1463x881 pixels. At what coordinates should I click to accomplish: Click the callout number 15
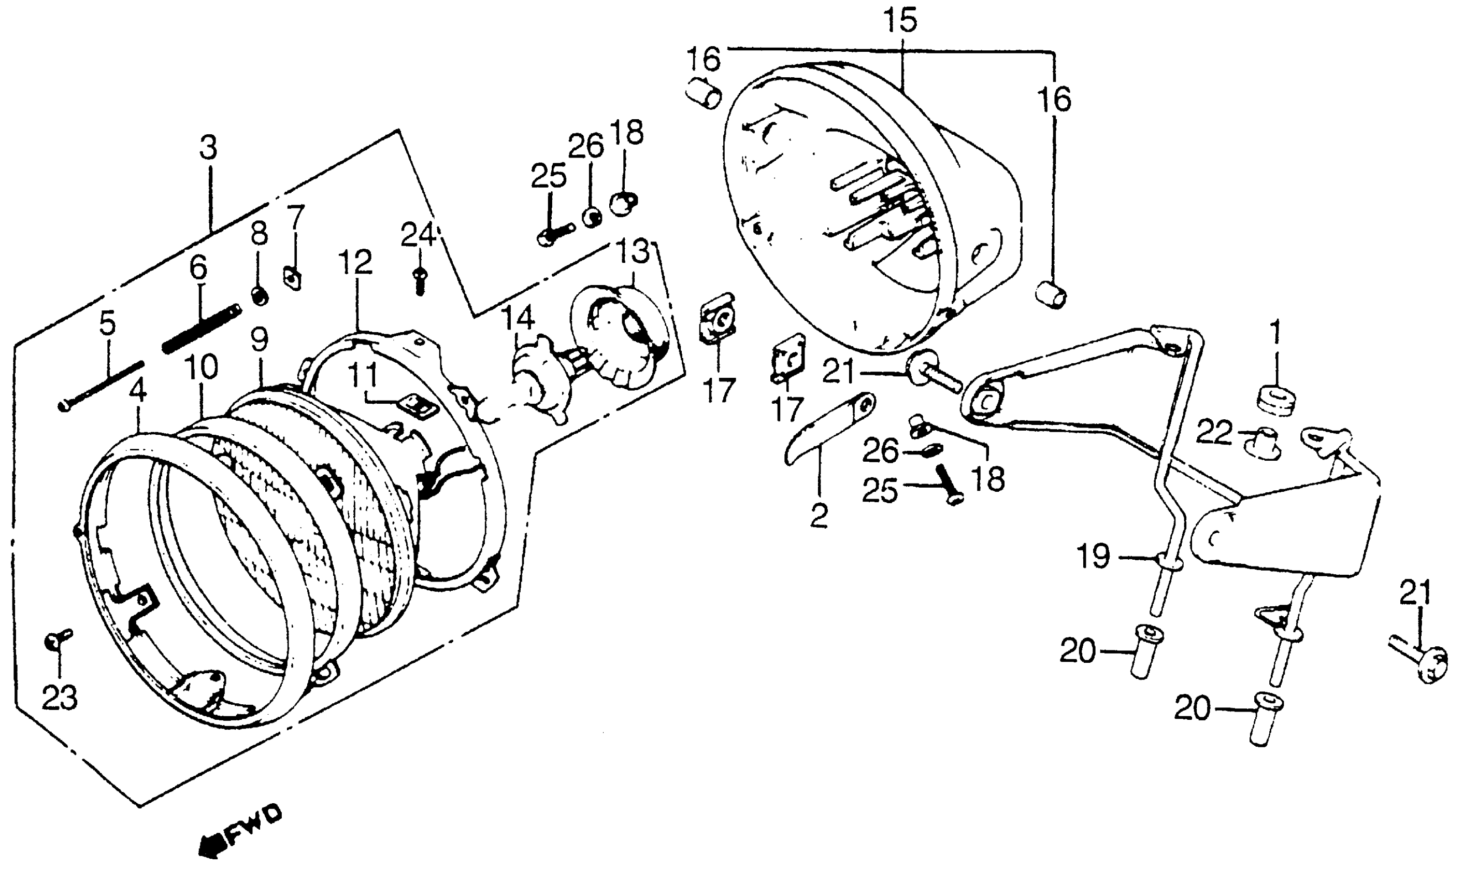point(900,21)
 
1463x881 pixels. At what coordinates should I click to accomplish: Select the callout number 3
point(208,148)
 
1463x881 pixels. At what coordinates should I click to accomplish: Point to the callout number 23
point(60,698)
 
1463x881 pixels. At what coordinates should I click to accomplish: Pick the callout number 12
point(356,262)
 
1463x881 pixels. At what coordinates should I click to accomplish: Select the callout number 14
point(519,319)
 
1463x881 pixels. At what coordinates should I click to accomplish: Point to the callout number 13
point(634,252)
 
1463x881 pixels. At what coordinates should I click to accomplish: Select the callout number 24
point(418,236)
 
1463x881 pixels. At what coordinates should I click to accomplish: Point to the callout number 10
point(200,368)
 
